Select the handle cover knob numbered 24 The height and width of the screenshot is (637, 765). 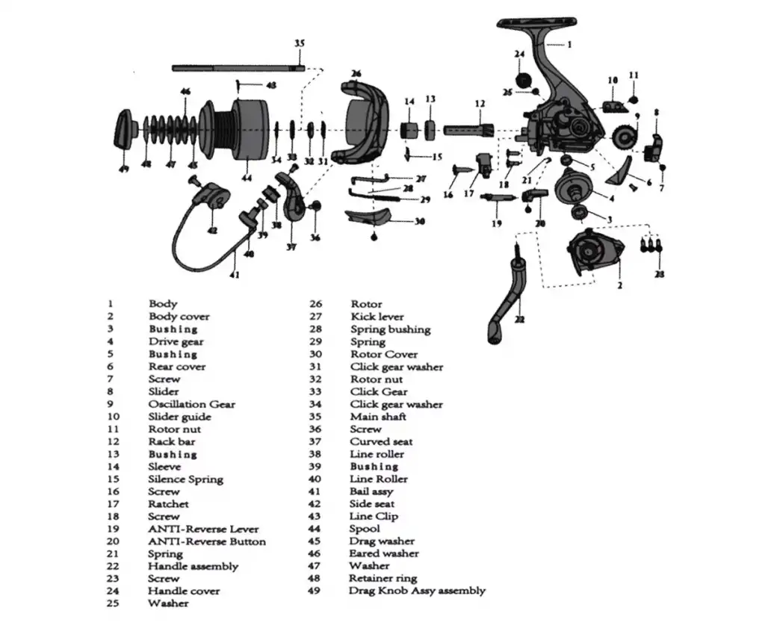point(522,79)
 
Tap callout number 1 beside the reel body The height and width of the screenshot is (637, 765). point(569,45)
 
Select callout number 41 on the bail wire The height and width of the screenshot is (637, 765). point(234,274)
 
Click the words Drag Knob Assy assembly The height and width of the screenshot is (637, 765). point(417,591)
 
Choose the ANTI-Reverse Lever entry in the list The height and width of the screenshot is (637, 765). point(203,529)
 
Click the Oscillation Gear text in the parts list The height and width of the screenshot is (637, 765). point(191,404)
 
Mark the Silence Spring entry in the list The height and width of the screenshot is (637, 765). point(185,479)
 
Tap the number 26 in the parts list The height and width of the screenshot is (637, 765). point(315,304)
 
